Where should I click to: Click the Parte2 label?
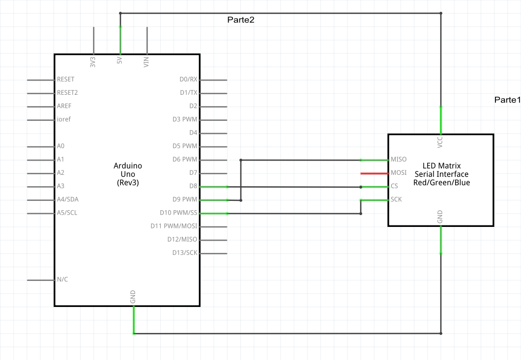[x=240, y=20]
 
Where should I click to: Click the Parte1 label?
[x=507, y=100]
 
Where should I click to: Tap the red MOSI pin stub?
[x=374, y=173]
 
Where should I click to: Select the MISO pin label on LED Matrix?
[x=398, y=160]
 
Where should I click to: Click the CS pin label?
[x=395, y=187]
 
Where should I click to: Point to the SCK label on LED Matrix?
[x=396, y=200]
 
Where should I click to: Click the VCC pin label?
[x=440, y=142]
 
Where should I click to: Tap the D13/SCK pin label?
[x=184, y=253]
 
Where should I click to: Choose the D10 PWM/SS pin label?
[x=178, y=213]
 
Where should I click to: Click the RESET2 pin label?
[x=67, y=93]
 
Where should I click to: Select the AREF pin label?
[x=64, y=106]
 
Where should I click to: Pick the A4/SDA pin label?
[x=67, y=199]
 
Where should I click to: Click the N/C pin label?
[x=62, y=279]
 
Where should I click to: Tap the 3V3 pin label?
[x=93, y=62]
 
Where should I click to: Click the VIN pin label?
[x=146, y=62]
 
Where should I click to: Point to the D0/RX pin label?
[x=188, y=80]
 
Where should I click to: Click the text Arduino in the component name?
[x=127, y=166]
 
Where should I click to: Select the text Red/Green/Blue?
[x=442, y=183]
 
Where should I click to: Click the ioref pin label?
[x=64, y=119]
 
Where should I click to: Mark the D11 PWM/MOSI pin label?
[x=174, y=226]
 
